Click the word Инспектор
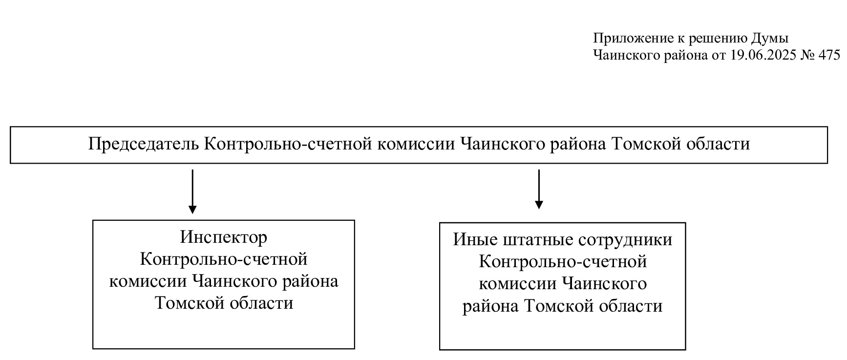[x=224, y=237]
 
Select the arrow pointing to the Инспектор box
[x=192, y=191]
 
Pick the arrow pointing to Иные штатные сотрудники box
[x=539, y=189]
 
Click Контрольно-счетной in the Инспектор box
[x=224, y=259]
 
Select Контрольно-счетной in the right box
[x=563, y=262]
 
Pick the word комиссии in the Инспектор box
[x=148, y=281]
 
